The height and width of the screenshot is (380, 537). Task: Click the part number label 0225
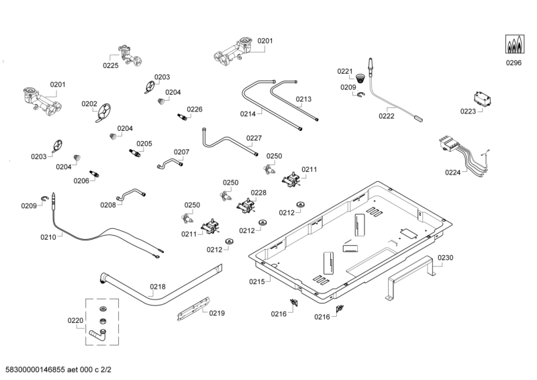[111, 65]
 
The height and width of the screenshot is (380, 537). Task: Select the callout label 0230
[446, 258]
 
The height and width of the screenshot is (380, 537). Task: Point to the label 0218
[157, 287]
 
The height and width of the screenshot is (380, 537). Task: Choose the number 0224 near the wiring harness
[453, 173]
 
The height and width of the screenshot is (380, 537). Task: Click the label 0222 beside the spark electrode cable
[387, 116]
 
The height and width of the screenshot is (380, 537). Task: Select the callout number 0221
[344, 71]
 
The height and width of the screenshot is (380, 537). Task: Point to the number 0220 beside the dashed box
[76, 321]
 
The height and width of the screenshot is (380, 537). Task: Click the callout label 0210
[48, 237]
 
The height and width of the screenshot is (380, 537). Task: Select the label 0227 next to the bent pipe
[254, 138]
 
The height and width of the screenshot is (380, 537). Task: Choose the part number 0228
[258, 193]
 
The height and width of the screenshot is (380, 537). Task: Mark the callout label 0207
[182, 152]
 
